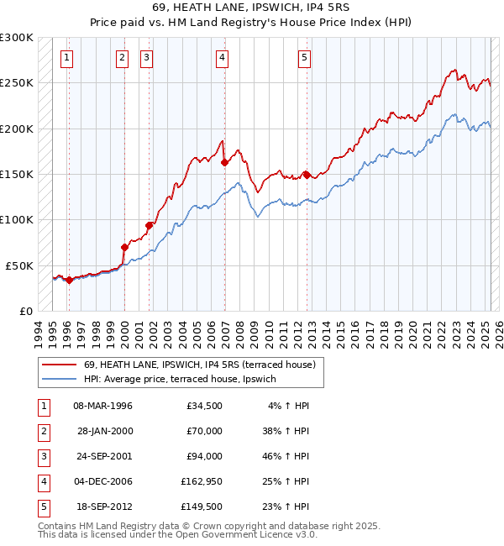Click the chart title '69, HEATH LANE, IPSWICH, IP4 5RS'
251,8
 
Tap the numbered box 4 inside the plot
222,58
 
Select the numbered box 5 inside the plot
304,58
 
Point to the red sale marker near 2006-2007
224,163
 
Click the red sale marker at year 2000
124,247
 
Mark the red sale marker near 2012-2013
307,175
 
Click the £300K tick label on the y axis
17,38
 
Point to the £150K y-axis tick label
17,174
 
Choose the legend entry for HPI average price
180,380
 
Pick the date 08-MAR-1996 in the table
103,406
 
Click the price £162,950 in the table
202,481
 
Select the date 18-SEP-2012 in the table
103,507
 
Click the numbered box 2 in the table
43,431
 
